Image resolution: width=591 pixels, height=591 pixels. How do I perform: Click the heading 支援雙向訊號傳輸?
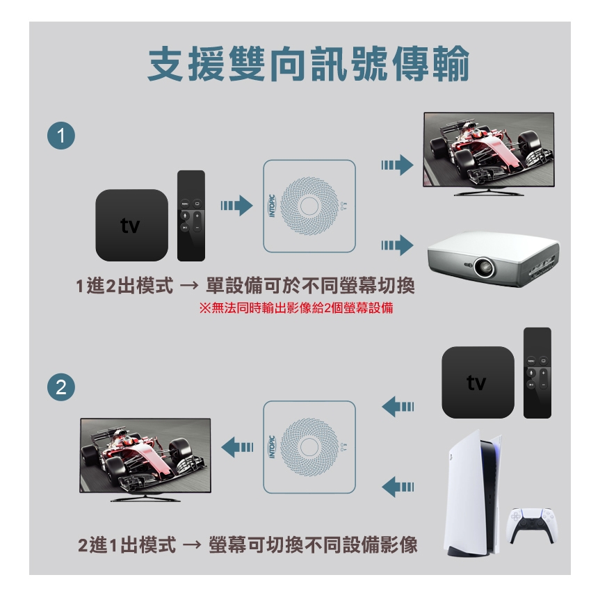tap(308, 64)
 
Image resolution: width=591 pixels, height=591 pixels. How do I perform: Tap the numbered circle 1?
tap(61, 136)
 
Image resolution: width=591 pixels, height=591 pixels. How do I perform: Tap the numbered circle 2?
tap(61, 387)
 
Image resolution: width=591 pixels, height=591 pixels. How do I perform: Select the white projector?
tap(494, 259)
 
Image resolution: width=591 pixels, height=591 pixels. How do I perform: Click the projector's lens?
tap(484, 267)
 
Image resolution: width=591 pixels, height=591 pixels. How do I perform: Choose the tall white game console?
tap(473, 493)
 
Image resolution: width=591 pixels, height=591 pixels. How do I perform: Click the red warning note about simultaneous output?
tap(296, 308)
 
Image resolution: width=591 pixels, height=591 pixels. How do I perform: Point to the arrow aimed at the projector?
tap(397, 245)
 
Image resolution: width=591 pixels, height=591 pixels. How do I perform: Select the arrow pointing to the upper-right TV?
tap(397, 165)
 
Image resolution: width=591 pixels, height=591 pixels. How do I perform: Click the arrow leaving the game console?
tap(398, 487)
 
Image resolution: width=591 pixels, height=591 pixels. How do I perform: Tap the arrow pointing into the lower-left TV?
tap(237, 447)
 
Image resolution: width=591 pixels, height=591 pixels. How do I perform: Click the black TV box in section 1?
tap(131, 225)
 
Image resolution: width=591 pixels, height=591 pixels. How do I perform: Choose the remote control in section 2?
tap(537, 373)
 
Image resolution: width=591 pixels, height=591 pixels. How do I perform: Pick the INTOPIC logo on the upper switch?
tap(272, 206)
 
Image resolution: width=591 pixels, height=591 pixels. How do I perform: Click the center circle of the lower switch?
tap(309, 447)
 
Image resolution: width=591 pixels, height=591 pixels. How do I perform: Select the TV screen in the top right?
tap(489, 149)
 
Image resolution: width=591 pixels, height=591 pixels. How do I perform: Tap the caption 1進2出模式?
tap(124, 286)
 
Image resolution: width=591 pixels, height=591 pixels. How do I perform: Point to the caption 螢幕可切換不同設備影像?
tap(313, 545)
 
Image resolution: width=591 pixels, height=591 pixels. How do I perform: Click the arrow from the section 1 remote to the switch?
tap(236, 206)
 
